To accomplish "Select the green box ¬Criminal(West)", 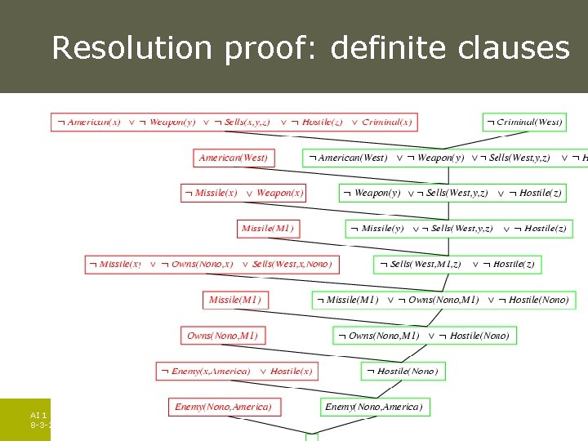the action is click(x=523, y=122).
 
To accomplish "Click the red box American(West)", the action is click(x=233, y=158).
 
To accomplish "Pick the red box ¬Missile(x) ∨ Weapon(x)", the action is click(x=244, y=193).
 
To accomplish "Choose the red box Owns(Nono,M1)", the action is click(x=222, y=336).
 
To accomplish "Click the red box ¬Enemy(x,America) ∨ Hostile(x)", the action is click(x=237, y=371).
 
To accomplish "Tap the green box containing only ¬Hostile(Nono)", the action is click(x=402, y=371).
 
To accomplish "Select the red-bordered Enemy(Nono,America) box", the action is click(x=223, y=407).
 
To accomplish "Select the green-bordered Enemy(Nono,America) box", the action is click(x=374, y=407).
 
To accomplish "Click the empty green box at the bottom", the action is click(x=312, y=437).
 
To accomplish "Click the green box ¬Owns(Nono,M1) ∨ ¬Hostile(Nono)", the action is click(x=425, y=336).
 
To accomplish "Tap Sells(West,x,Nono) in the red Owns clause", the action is click(x=292, y=264).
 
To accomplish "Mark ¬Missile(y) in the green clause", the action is click(x=378, y=229).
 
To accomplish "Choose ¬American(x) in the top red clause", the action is click(x=89, y=122).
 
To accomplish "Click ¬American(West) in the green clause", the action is click(x=349, y=158).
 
